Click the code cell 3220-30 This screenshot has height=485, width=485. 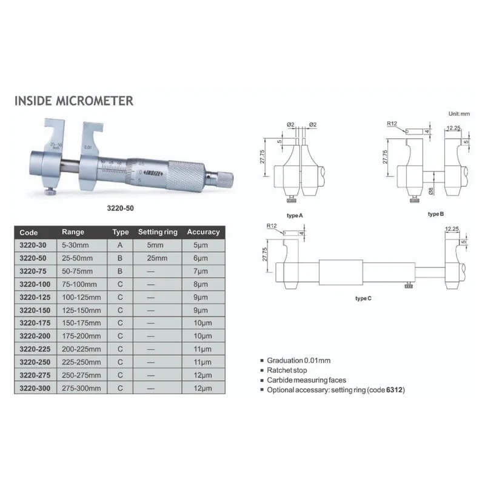click(x=33, y=245)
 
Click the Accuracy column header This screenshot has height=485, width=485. click(x=202, y=232)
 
